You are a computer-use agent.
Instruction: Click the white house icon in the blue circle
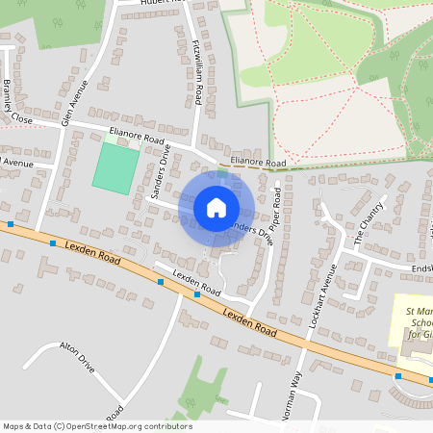pos(216,208)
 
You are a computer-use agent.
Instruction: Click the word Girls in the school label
pos(415,334)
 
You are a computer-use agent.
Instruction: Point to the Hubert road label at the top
pos(160,3)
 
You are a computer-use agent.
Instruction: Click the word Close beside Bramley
pos(20,118)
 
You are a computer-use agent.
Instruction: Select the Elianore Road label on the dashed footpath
pos(258,164)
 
